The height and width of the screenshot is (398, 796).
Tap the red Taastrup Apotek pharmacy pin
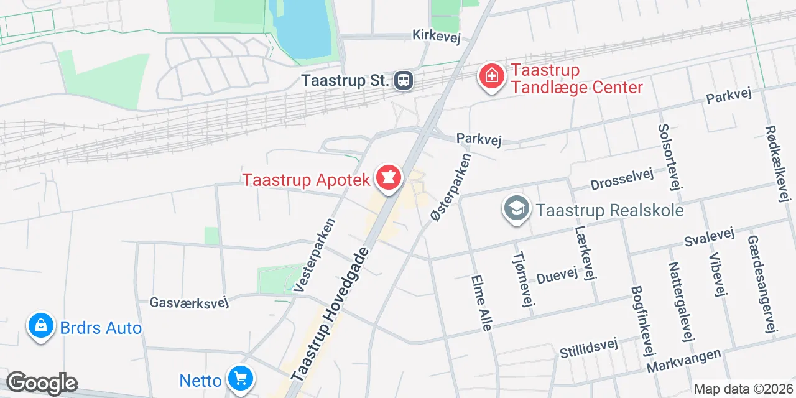[389, 178]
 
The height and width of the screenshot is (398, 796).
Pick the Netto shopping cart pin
[240, 378]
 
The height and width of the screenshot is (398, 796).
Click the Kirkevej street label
[436, 35]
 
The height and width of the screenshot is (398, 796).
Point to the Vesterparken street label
[314, 256]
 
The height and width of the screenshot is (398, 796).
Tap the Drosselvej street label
[622, 180]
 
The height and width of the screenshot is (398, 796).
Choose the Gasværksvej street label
[190, 303]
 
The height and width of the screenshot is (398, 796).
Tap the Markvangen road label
[684, 361]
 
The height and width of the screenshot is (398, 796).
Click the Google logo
[42, 383]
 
